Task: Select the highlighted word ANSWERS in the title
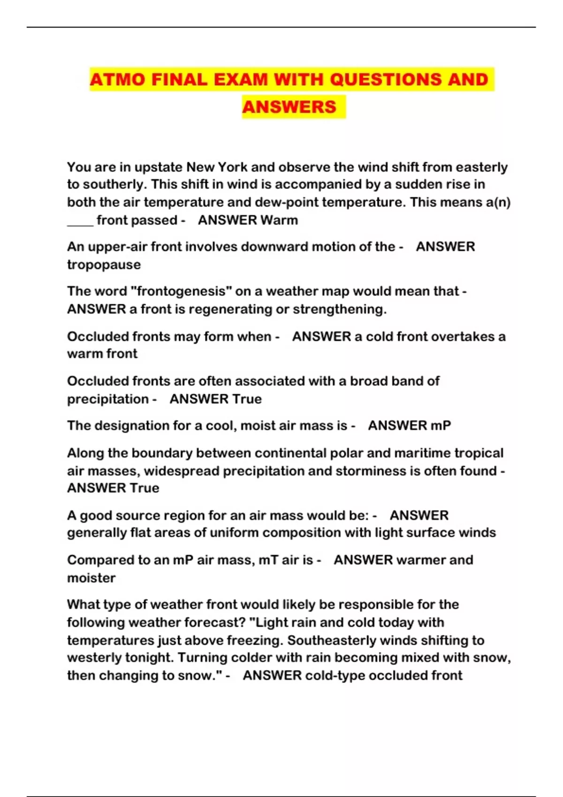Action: pyautogui.click(x=289, y=107)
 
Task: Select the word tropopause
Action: pyautogui.click(x=104, y=264)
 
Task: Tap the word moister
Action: pyautogui.click(x=91, y=578)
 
